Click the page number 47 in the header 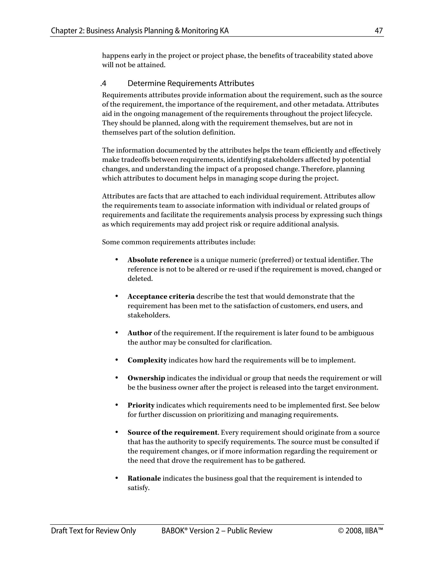click(378, 31)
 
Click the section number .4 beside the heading click(103, 83)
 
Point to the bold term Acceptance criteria click(161, 296)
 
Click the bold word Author click(140, 333)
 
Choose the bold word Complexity click(147, 360)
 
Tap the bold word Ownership click(146, 378)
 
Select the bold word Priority click(141, 405)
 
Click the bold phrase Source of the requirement click(172, 432)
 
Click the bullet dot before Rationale click(117, 478)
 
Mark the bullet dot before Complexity click(117, 360)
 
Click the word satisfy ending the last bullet click(138, 488)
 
